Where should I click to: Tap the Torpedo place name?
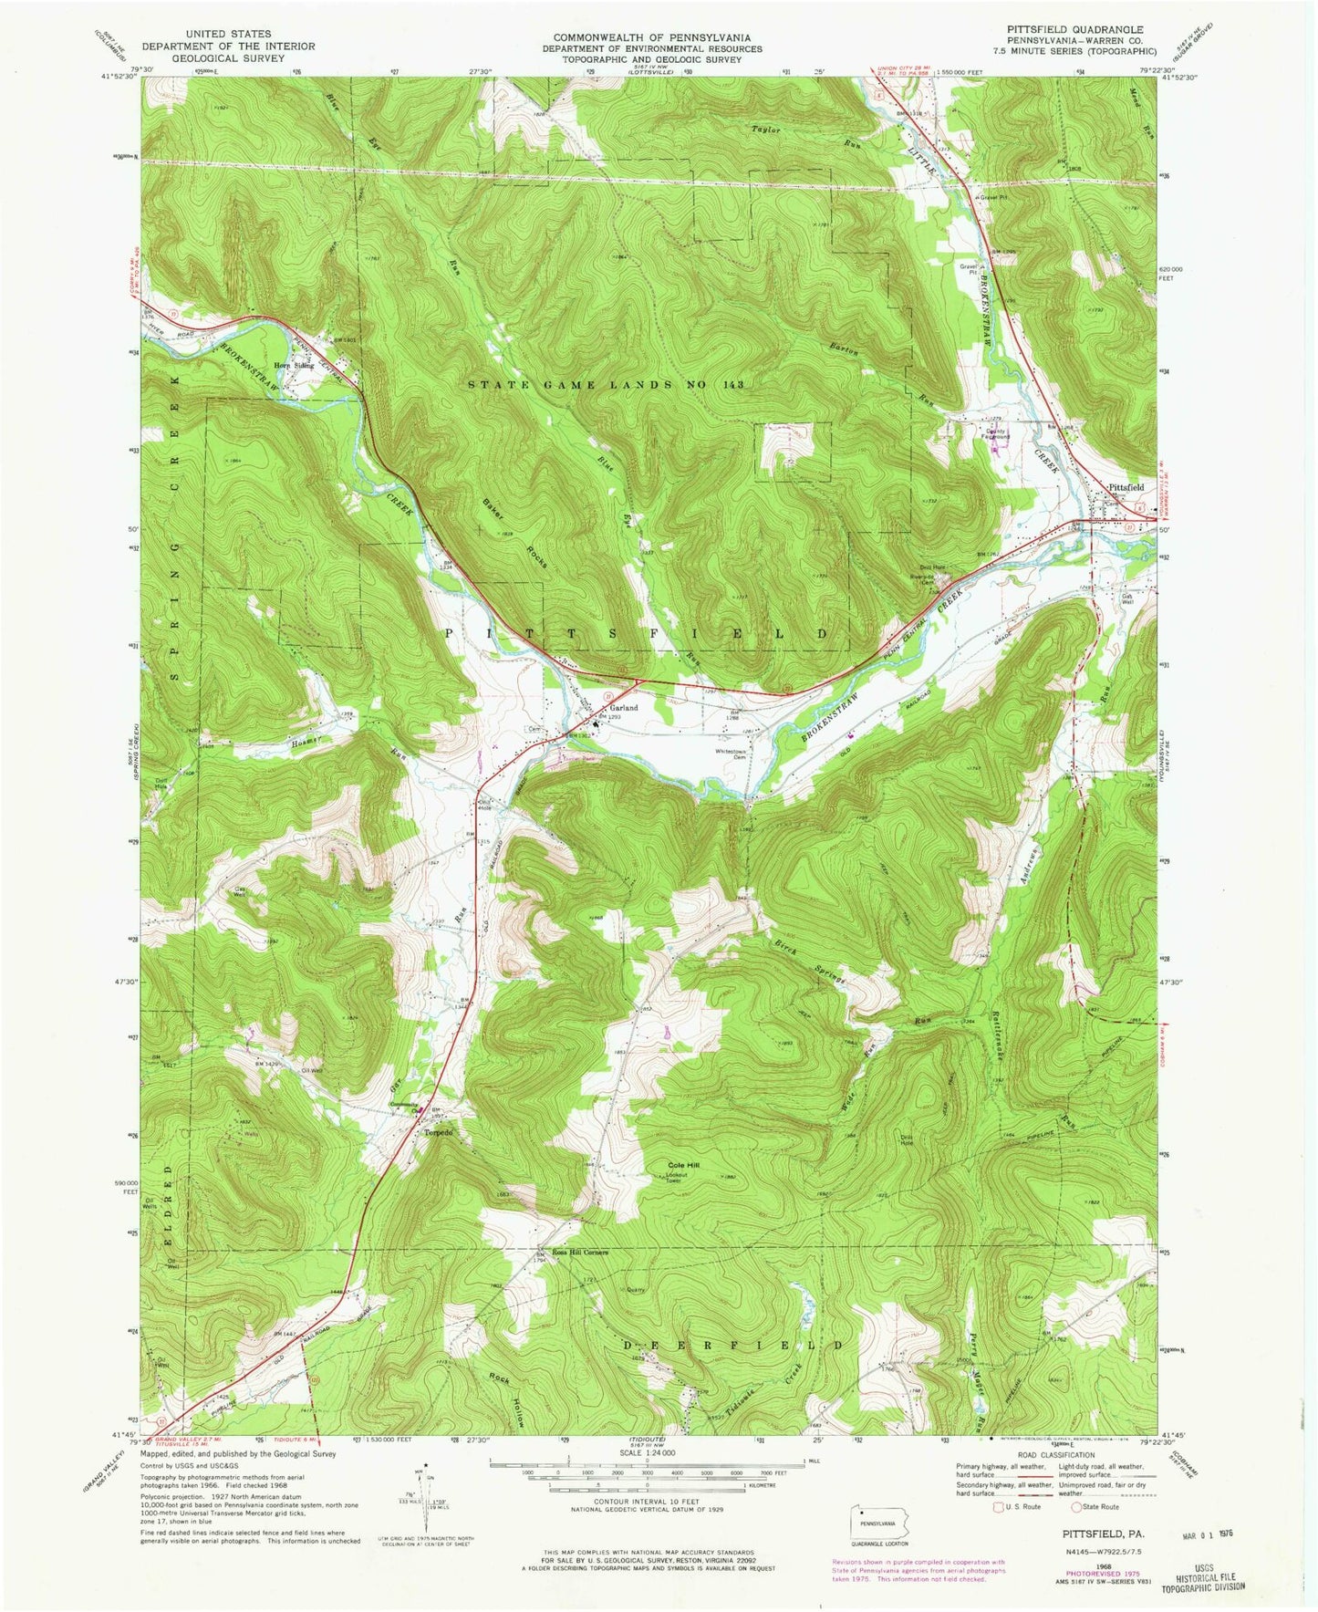437,1132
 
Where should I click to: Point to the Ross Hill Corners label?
577,1252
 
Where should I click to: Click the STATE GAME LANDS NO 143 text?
606,385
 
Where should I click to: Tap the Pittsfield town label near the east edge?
1126,487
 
